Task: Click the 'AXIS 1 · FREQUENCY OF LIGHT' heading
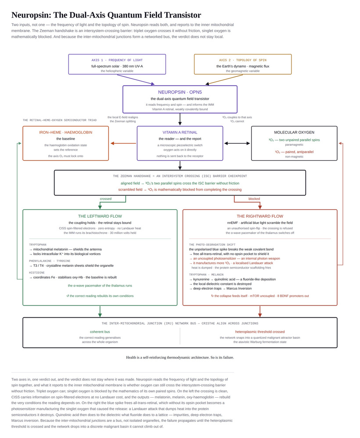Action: pos(117,60)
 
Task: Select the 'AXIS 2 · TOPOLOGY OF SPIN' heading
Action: pos(243,60)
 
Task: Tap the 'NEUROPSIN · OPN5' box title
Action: pos(180,92)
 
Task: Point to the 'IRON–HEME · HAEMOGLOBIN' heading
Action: pos(66,133)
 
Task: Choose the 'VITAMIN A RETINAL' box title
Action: pos(180,133)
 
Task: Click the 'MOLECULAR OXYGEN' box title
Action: pos(294,133)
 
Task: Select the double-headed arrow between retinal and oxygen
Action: pos(237,144)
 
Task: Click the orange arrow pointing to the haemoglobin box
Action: pos(123,144)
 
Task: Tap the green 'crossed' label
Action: pos(106,199)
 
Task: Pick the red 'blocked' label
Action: pos(254,199)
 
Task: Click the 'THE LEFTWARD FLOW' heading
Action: pos(100,216)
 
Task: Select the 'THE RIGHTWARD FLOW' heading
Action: pos(260,216)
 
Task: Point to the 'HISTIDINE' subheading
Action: pos(37,273)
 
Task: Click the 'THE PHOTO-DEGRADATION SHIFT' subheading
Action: pos(212,245)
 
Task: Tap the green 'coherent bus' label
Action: pos(100,332)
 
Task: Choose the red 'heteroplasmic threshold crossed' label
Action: pos(260,332)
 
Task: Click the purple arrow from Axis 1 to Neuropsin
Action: pos(136,79)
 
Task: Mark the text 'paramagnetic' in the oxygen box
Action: pos(294,145)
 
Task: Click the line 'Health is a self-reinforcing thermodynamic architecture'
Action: pos(167,358)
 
